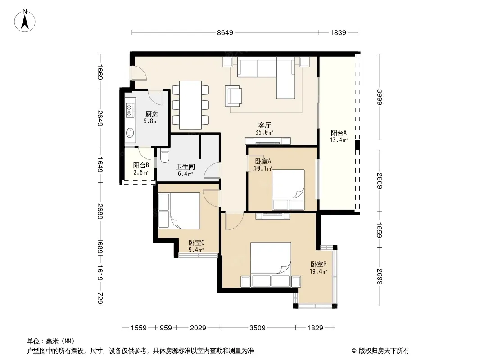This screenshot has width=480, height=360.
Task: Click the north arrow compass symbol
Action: pyautogui.click(x=25, y=20)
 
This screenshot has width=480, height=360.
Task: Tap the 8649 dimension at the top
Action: pyautogui.click(x=225, y=33)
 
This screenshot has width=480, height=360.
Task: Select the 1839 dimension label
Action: pyautogui.click(x=338, y=33)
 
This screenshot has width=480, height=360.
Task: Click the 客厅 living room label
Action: pyautogui.click(x=264, y=126)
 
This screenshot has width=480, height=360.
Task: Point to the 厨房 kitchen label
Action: pyautogui.click(x=152, y=114)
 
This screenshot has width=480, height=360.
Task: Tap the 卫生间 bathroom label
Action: pyautogui.click(x=185, y=166)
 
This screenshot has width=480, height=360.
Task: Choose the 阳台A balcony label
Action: pyautogui.click(x=339, y=133)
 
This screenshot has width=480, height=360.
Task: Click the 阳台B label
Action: pyautogui.click(x=141, y=166)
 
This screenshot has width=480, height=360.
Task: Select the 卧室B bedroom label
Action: pyautogui.click(x=318, y=264)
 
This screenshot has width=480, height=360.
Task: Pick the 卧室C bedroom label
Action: pyautogui.click(x=196, y=243)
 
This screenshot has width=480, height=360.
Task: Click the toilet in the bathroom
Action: pyautogui.click(x=164, y=155)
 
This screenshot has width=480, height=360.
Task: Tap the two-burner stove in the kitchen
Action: pyautogui.click(x=130, y=110)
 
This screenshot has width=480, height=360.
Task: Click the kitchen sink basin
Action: pyautogui.click(x=130, y=133)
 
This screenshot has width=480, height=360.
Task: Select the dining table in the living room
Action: pyautogui.click(x=190, y=105)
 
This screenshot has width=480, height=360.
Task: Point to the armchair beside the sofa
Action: pyautogui.click(x=233, y=96)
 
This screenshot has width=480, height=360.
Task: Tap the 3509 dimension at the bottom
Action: pyautogui.click(x=258, y=328)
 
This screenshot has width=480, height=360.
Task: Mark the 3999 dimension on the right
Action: pyautogui.click(x=380, y=97)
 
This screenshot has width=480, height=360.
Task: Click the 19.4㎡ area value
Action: pyautogui.click(x=318, y=271)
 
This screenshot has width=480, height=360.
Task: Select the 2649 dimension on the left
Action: pyautogui.click(x=100, y=118)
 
